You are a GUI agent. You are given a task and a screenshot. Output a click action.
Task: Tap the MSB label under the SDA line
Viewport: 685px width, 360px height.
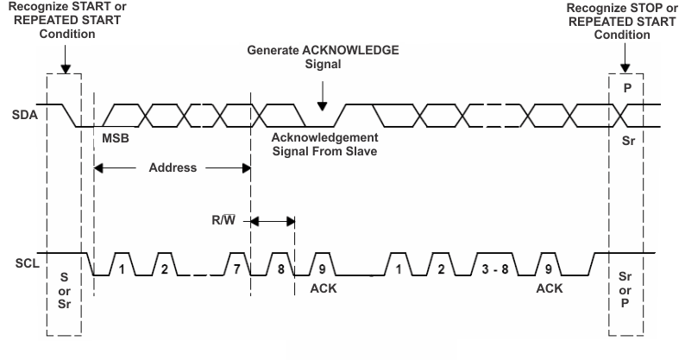tap(116, 138)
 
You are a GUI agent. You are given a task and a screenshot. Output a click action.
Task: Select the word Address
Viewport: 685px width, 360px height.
tap(172, 167)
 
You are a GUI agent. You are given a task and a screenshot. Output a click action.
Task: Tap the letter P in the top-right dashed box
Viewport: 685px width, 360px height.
tap(627, 88)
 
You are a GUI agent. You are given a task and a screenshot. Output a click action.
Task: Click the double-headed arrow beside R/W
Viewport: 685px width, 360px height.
tap(273, 221)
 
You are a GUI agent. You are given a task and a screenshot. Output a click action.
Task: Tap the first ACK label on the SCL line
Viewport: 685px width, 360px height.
tap(323, 287)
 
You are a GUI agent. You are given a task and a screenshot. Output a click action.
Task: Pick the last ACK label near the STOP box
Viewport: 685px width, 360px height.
tap(549, 287)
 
